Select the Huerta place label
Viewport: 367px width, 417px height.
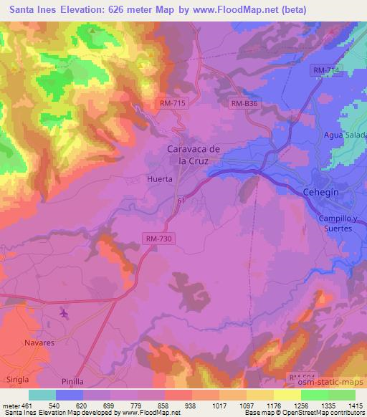point(159,179)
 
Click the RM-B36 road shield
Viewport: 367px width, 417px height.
point(243,104)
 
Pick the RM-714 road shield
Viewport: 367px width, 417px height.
point(326,69)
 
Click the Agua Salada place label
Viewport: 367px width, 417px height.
point(345,135)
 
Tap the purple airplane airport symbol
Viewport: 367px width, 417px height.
point(65,313)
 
